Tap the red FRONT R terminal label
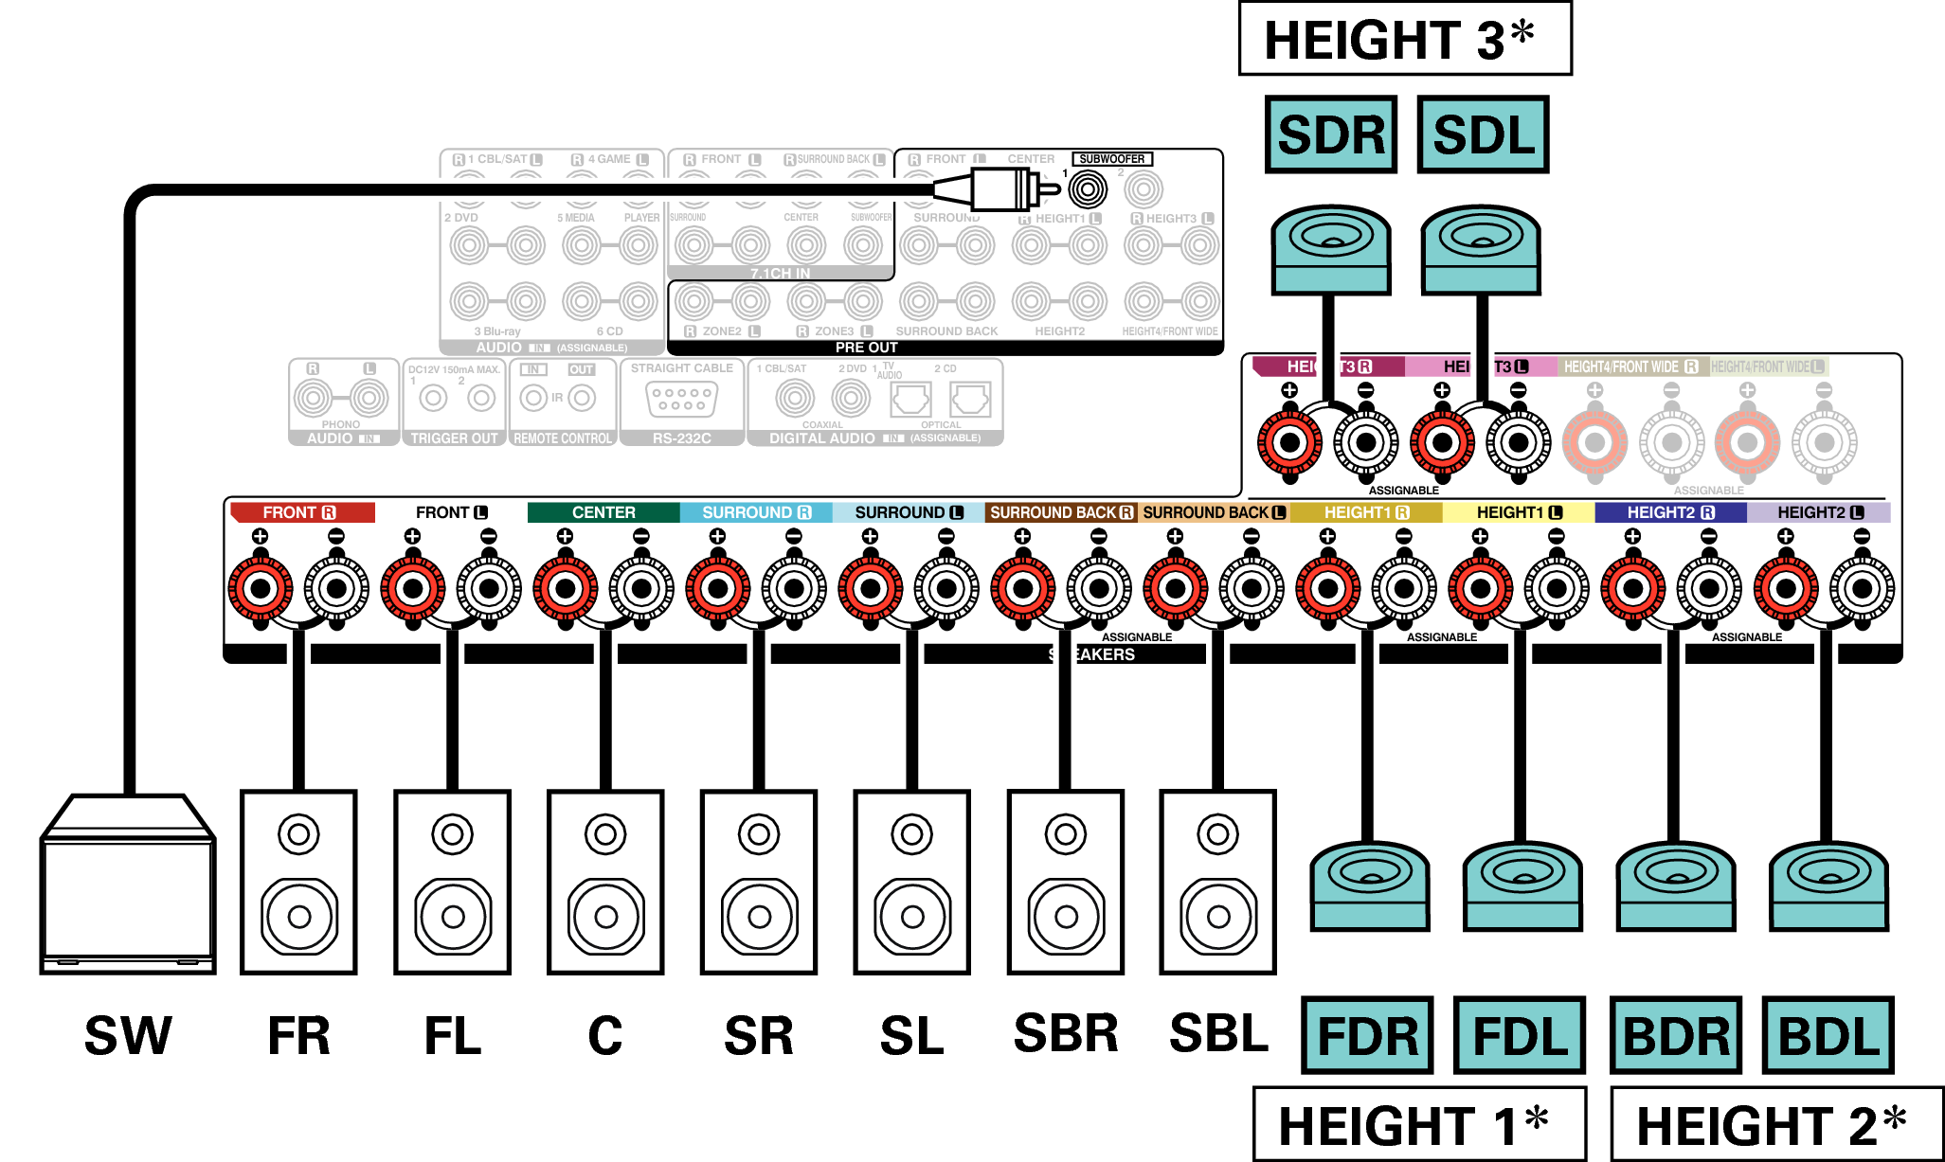coord(301,512)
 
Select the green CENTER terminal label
coord(603,512)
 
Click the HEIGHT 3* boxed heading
coord(1404,40)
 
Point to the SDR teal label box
coord(1330,134)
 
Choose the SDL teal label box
coord(1483,134)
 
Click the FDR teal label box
coord(1367,1035)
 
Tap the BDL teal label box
coord(1828,1035)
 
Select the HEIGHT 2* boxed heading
coord(1775,1125)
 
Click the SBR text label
coord(1066,1033)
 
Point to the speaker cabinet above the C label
coord(605,882)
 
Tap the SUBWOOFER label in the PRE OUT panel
coord(1111,159)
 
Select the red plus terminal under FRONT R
coord(261,588)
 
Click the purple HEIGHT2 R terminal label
coord(1670,512)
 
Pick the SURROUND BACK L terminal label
coord(1214,512)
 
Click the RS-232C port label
coord(681,438)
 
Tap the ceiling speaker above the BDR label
coord(1675,885)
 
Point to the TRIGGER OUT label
coord(454,438)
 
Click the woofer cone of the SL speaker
coord(912,916)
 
